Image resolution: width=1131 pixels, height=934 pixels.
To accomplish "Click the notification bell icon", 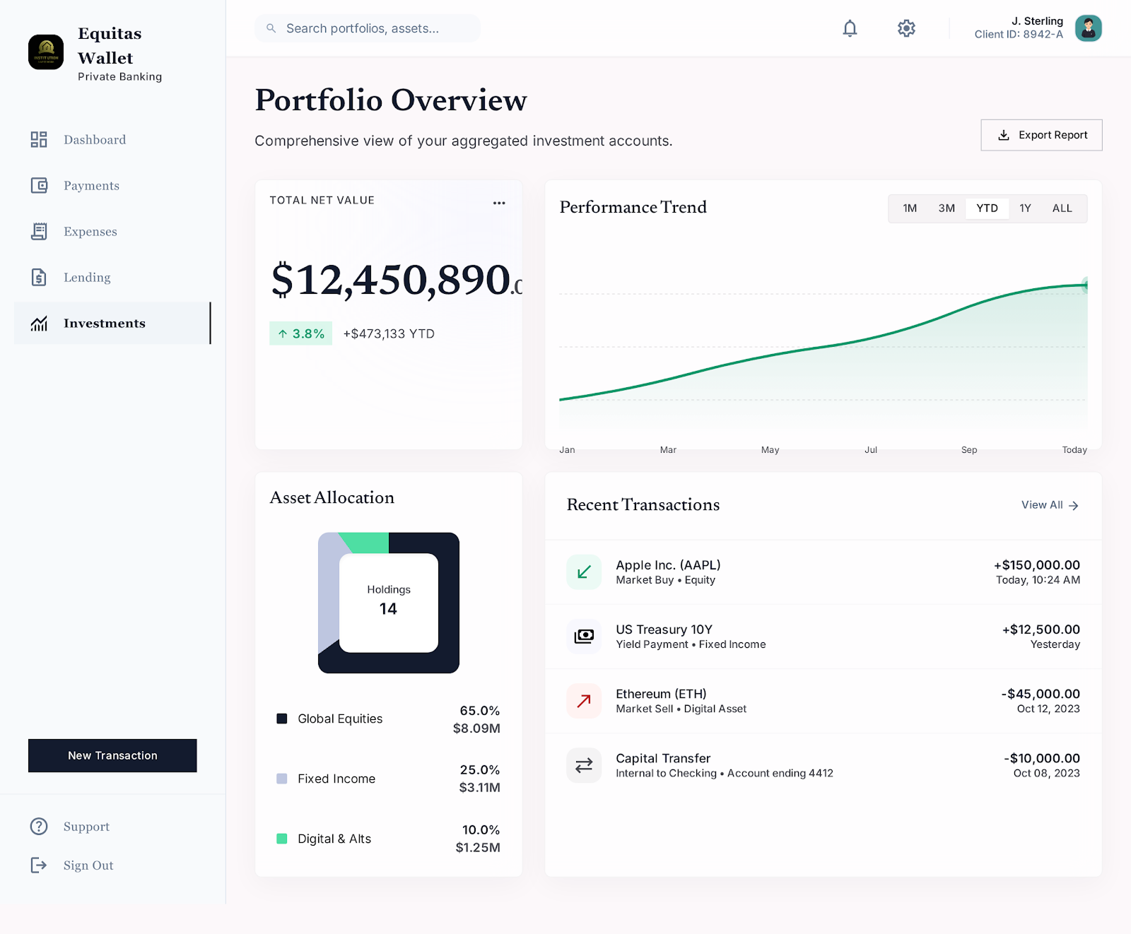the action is coord(850,28).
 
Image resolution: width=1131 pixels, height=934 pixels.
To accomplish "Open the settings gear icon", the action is coord(906,28).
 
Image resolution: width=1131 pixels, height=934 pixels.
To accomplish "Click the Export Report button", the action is coord(1041,135).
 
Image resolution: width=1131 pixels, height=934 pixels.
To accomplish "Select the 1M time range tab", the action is coord(910,208).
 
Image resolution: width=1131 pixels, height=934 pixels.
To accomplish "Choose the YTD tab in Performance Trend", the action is coord(987,208).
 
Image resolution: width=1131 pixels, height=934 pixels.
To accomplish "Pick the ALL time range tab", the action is coord(1062,208).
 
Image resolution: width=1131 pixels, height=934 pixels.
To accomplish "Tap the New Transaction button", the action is coord(112,755).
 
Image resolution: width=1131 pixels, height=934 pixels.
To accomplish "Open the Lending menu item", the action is coord(87,278).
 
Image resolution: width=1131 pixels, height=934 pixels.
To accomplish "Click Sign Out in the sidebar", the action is coord(88,865).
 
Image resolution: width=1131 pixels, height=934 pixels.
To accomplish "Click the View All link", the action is coord(1050,505).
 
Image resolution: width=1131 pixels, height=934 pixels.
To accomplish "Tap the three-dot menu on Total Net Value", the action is coord(499,203).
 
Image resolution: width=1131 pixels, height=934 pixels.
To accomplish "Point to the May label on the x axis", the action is coord(770,450).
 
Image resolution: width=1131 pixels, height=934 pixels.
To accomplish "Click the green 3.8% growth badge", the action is coord(300,333).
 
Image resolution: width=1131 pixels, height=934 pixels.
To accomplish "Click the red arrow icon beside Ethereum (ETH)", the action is coord(584,701).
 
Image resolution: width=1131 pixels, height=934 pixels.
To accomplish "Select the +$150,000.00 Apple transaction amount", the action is coord(1037,565).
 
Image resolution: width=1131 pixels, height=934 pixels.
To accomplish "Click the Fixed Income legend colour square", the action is coord(281,779).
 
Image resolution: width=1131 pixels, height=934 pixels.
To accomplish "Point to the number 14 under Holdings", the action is coord(388,609).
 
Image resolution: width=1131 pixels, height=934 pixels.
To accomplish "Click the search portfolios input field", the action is coord(368,28).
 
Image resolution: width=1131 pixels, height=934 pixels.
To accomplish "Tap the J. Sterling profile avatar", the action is coord(1089,28).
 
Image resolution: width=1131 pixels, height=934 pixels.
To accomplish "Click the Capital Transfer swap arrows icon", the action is coord(584,765).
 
